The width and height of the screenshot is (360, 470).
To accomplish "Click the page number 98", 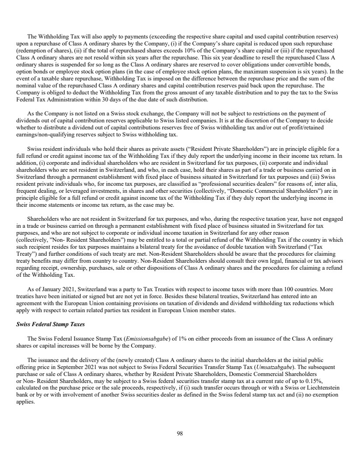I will coord(180,433).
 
